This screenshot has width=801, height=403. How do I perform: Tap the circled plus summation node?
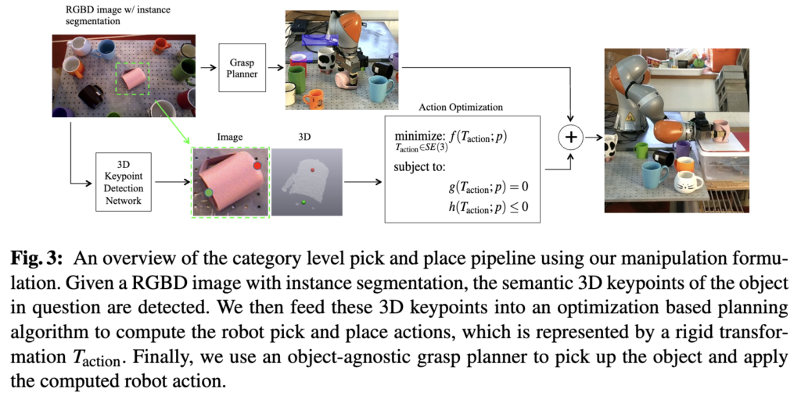(x=570, y=138)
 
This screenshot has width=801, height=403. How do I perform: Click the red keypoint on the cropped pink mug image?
(x=257, y=166)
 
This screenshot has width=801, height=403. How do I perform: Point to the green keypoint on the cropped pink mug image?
(x=209, y=191)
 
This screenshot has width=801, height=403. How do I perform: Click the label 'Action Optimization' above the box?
(x=461, y=107)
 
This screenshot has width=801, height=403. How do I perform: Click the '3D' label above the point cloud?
(x=305, y=137)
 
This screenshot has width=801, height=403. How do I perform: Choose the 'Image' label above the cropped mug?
(x=229, y=137)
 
